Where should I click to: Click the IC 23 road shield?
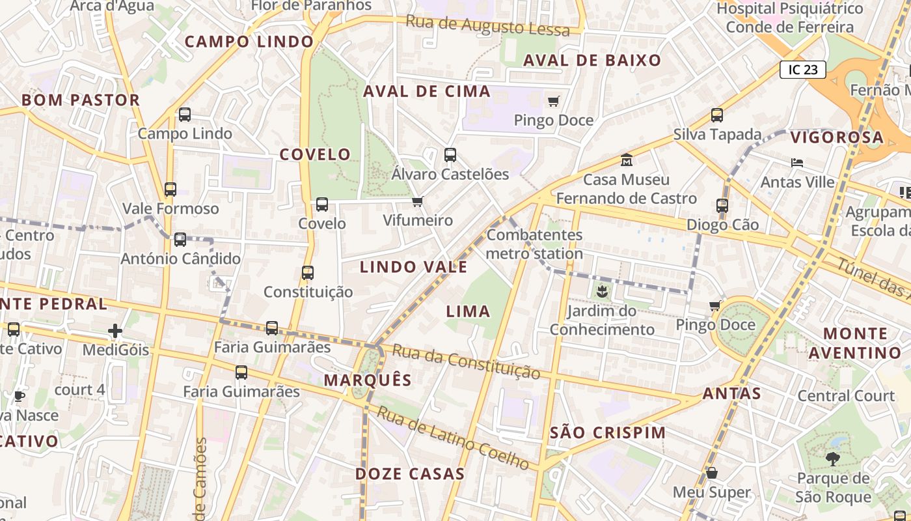click(802, 70)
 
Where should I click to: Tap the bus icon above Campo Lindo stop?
click(185, 115)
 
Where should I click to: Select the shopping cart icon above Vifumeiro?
click(418, 202)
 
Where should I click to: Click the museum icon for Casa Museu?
click(627, 160)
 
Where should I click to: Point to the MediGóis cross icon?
click(115, 331)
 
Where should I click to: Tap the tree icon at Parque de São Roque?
click(832, 459)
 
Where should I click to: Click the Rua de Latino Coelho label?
click(453, 438)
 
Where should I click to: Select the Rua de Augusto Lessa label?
click(487, 25)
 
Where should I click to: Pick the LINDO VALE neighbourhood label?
click(414, 267)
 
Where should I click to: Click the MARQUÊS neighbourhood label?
click(368, 380)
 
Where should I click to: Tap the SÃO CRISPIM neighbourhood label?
click(608, 433)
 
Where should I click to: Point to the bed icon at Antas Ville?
click(797, 163)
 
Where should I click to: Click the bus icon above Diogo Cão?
click(722, 206)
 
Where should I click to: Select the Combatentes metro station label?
click(534, 244)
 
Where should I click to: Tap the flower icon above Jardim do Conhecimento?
click(601, 292)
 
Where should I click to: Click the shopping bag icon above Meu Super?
click(712, 473)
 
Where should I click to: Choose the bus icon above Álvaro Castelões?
click(450, 155)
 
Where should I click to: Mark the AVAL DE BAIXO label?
click(592, 61)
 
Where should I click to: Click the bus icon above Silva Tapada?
click(717, 115)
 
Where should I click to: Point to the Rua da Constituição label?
click(467, 362)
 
